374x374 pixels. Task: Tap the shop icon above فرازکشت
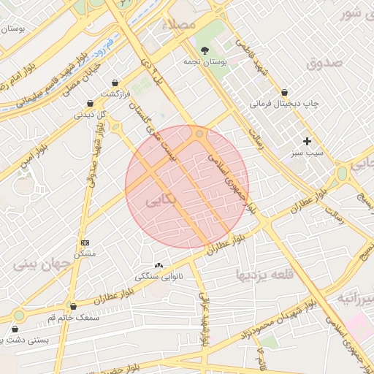coord(115,83)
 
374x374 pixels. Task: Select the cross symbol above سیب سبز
coord(307,140)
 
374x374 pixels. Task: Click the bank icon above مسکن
coord(85,242)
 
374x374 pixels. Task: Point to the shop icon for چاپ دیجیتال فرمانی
coord(284,93)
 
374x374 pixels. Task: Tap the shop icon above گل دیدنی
coord(90,104)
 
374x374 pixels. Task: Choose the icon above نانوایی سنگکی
coord(159,265)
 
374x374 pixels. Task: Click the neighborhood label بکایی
coord(161,199)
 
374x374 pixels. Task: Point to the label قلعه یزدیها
coord(264,275)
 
